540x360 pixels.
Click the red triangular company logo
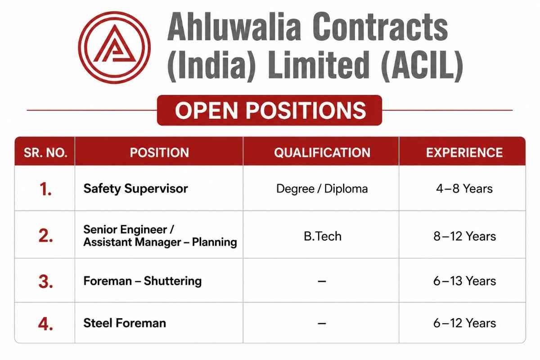pos(114,47)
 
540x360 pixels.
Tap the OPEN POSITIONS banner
pos(270,110)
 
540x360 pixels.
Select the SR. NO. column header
pos(45,153)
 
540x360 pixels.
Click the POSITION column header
pos(159,153)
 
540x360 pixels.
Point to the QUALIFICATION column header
pos(322,153)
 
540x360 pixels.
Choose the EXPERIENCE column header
pos(464,153)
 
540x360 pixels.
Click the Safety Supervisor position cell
pos(135,188)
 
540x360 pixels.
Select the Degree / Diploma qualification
pos(322,189)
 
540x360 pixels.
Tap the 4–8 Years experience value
pos(464,188)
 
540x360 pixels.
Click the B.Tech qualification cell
pos(323,236)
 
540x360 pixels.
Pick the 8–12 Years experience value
pos(464,236)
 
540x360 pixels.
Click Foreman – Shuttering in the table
pos(143,281)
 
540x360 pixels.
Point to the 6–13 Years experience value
pos(464,281)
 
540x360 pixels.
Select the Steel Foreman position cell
pos(125,323)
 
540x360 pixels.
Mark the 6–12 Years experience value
pos(464,323)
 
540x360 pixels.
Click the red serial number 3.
pos(45,281)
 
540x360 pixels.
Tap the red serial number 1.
pos(45,189)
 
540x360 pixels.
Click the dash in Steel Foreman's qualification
pos(322,324)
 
